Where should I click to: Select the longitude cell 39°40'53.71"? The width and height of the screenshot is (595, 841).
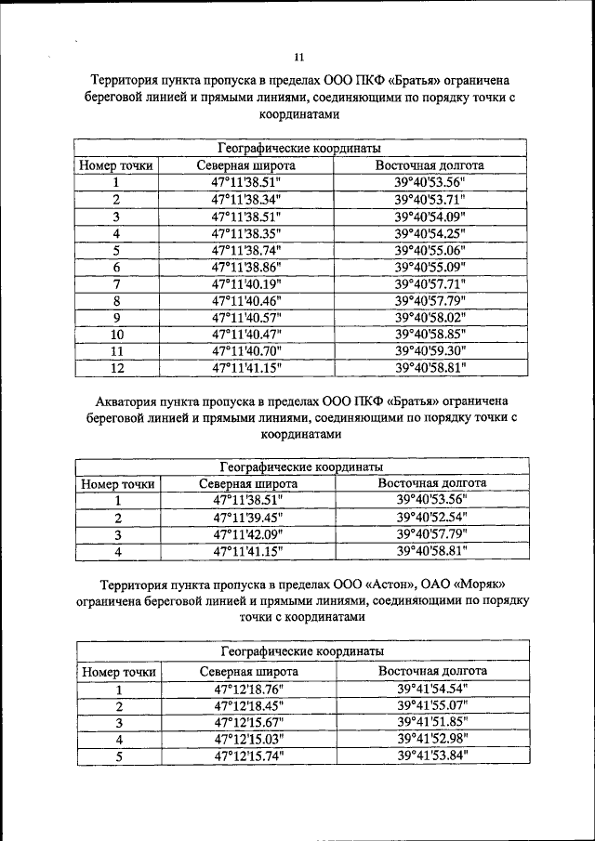pos(430,200)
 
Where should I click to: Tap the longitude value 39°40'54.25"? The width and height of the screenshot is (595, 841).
pos(430,233)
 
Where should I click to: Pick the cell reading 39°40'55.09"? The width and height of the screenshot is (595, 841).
pos(430,267)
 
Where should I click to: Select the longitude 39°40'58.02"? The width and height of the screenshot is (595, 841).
pos(430,317)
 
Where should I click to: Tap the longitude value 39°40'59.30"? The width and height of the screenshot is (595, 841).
pos(430,350)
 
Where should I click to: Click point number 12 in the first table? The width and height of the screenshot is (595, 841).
pos(116,367)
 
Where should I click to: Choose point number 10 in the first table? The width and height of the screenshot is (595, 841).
pos(116,334)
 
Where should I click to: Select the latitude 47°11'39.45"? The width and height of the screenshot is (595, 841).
pos(247,518)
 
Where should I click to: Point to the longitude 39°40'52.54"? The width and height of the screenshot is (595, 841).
pos(431,518)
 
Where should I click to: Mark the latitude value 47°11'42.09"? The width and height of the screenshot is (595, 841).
pos(247,534)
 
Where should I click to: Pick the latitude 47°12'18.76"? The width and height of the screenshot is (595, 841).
pos(248,690)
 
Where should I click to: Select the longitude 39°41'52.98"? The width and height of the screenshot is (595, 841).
pos(432,740)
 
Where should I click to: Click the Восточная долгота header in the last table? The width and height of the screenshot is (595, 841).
pos(432,671)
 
